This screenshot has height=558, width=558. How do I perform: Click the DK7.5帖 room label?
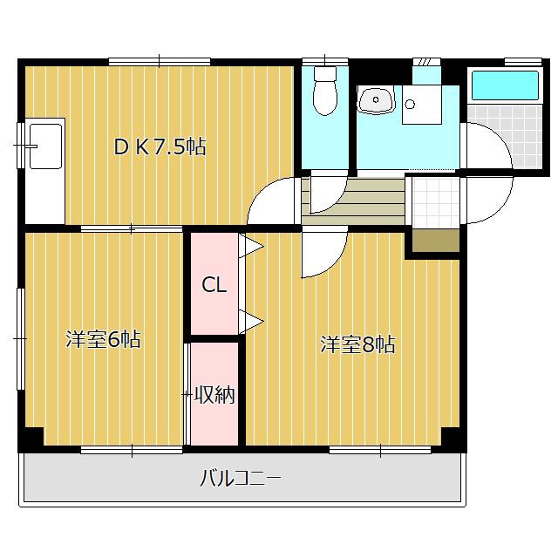tap(160, 146)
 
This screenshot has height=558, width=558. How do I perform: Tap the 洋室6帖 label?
tap(104, 339)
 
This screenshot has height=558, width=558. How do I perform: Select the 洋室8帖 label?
tap(357, 344)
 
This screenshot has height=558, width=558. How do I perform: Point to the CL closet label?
tap(214, 285)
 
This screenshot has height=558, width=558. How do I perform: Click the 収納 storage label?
tap(214, 395)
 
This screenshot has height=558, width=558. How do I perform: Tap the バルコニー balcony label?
tap(241, 478)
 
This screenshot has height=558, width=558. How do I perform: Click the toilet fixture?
tap(325, 91)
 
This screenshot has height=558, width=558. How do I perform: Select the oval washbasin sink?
tap(376, 100)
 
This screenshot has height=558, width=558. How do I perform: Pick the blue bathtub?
tap(504, 85)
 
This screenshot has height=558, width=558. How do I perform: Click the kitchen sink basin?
tap(45, 146)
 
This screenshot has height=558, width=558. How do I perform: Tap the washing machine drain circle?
tap(410, 104)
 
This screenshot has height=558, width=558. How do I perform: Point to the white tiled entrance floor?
tap(436, 201)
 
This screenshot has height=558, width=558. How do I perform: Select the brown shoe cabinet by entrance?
tap(436, 241)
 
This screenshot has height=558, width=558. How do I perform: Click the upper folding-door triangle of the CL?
tap(251, 246)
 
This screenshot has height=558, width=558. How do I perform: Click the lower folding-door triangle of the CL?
tap(251, 322)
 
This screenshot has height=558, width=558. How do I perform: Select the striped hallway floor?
tap(353, 201)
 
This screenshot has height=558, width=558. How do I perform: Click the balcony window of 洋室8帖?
tap(380, 451)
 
